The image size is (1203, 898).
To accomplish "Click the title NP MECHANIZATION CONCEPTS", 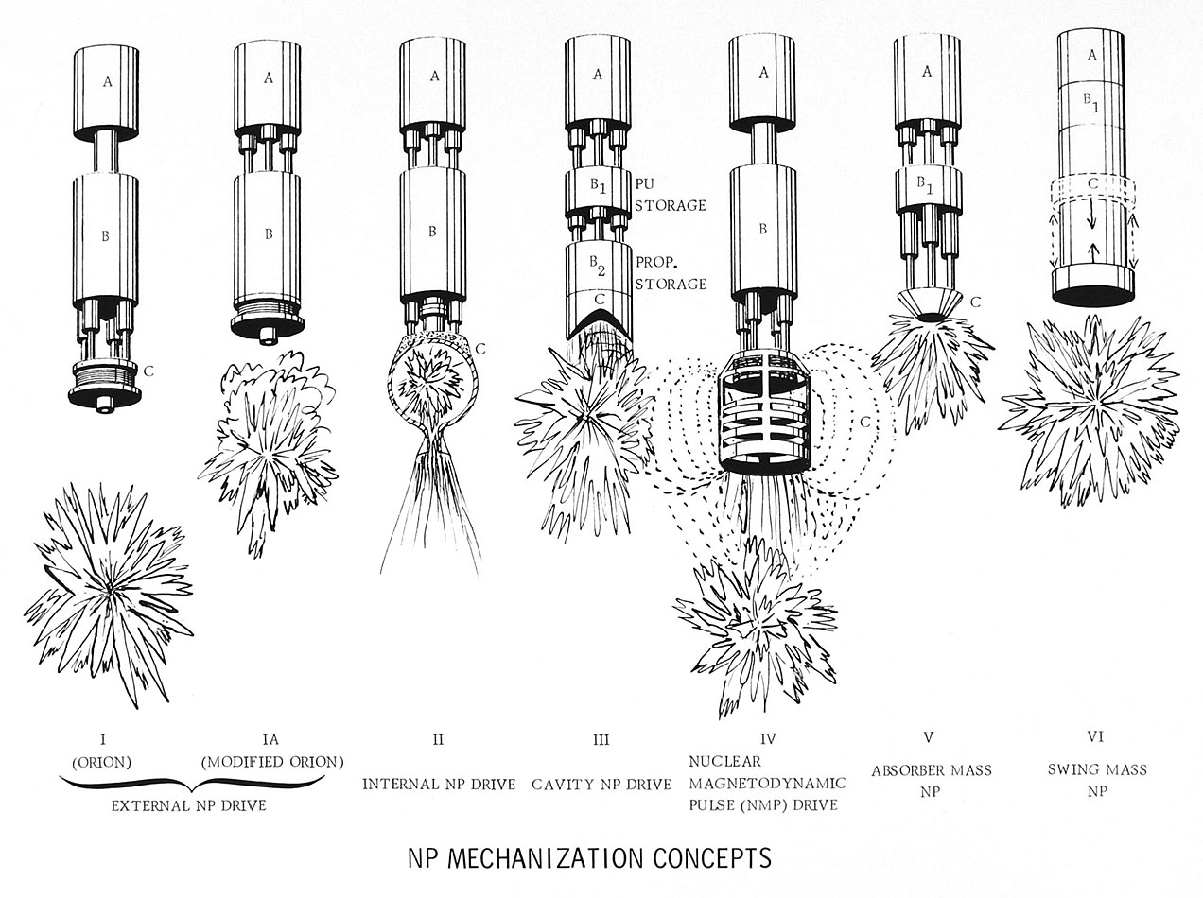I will [588, 859].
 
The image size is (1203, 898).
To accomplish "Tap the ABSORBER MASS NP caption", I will [932, 782].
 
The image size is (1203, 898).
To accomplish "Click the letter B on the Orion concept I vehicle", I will [105, 236].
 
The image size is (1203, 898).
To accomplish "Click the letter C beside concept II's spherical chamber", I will [481, 349].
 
